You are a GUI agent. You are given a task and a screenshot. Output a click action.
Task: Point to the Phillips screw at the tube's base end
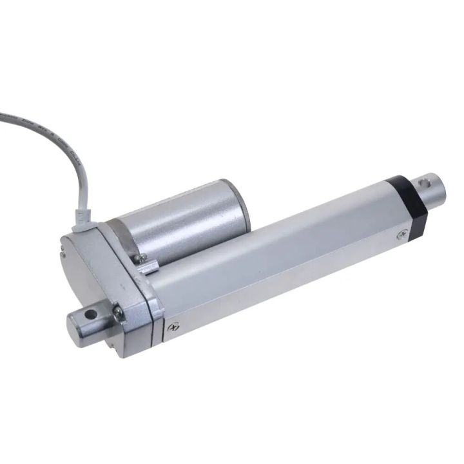tap(173, 327)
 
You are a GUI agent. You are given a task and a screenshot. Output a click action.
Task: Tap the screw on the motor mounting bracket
tap(140, 258)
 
